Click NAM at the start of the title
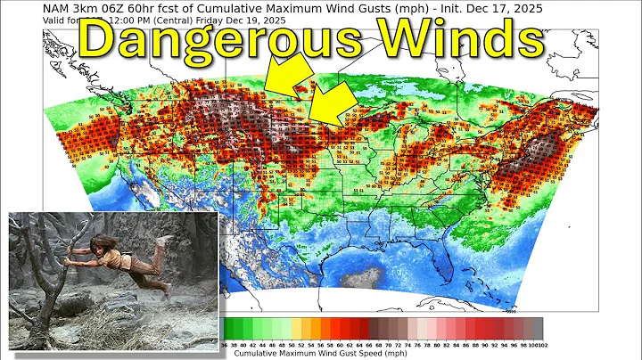pos(56,7)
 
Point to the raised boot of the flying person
pos(164,240)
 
